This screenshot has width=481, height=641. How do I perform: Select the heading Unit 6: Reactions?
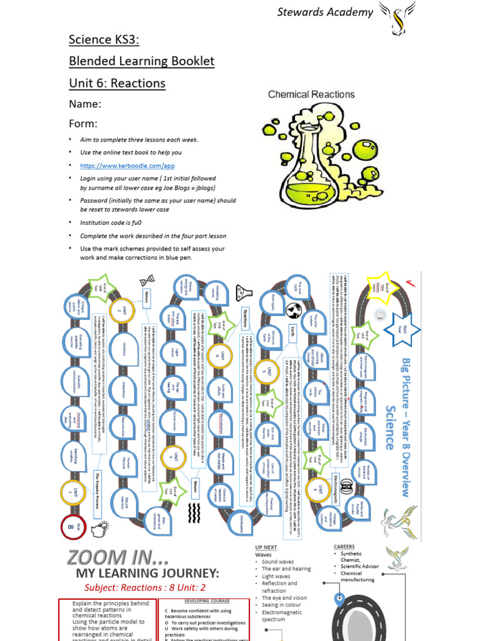[117, 83]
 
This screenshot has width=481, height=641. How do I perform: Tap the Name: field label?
[85, 104]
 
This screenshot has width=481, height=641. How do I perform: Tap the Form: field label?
[83, 123]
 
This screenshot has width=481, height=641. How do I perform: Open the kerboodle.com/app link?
[127, 165]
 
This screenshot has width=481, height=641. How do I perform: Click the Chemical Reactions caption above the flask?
[311, 95]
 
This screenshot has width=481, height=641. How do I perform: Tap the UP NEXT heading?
[267, 547]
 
